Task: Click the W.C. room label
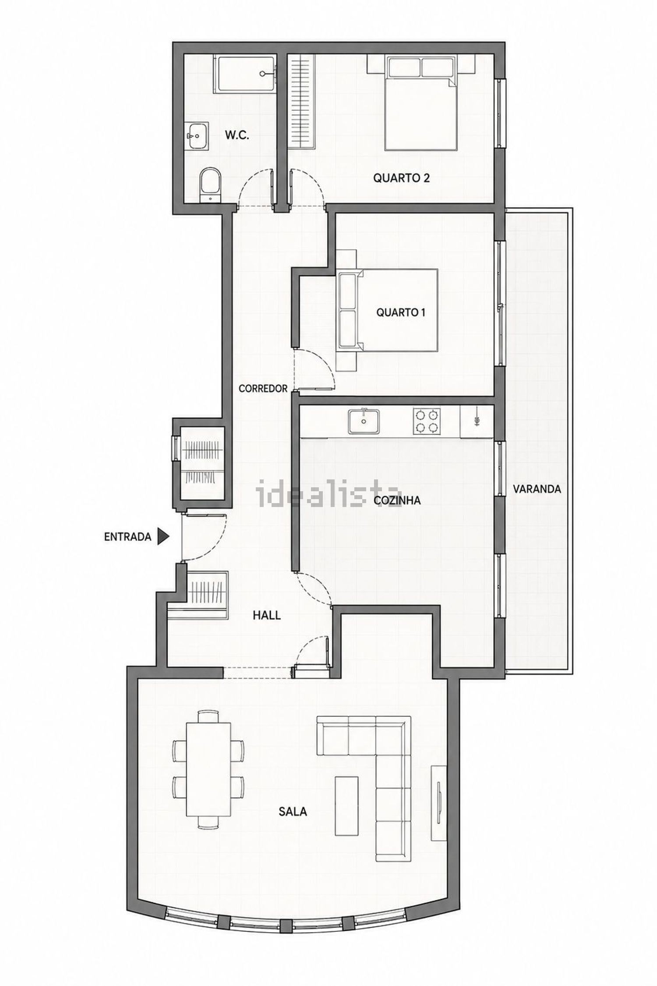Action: click(x=237, y=135)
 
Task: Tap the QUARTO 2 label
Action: click(x=401, y=178)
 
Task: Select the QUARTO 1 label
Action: click(x=401, y=312)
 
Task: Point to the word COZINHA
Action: click(x=398, y=500)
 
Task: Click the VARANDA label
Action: click(x=537, y=489)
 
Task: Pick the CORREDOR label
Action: click(x=263, y=388)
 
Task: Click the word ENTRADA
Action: click(x=127, y=537)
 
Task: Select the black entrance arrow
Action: click(x=163, y=537)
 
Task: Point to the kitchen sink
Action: click(x=364, y=421)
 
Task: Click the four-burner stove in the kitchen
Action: click(x=427, y=421)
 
